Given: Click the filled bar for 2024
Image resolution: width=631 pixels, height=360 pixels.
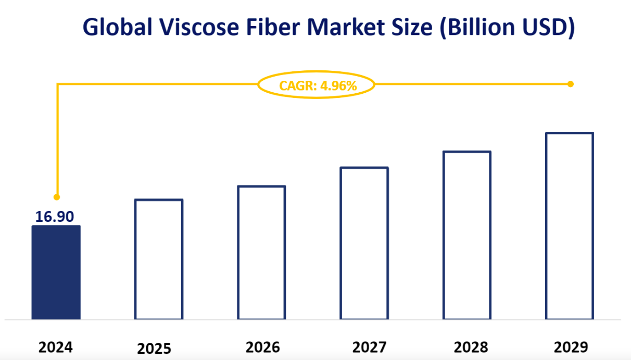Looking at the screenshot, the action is coord(56,272).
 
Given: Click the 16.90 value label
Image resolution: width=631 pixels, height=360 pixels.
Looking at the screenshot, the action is coord(55,217).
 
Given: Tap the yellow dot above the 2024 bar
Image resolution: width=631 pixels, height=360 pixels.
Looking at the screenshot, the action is coord(57,197).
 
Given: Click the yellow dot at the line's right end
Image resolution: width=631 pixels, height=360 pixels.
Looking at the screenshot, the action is coord(571,84).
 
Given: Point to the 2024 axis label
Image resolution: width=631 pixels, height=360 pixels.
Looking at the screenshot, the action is coord(56,347).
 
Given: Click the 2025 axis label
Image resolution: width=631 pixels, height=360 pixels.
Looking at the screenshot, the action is coord(154,349).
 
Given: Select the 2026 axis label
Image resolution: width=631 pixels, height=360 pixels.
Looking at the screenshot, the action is coord(262,347).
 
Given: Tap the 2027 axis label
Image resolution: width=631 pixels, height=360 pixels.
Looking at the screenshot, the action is coord(369,347).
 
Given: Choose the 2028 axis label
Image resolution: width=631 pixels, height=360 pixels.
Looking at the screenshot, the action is coord(471,347).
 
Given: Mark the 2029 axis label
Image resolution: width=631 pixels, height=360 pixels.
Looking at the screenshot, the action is coord(571,347).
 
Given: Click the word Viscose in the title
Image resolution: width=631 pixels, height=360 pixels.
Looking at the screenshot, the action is coord(199,27).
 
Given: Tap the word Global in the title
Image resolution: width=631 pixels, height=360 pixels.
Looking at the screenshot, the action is coord(118,27).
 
